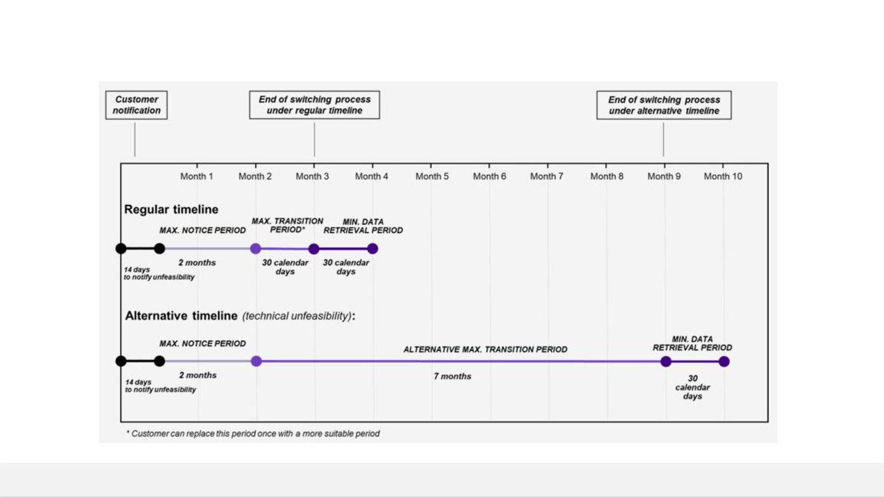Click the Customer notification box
tap(136, 105)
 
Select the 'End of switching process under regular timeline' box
tap(314, 105)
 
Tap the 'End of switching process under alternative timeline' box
tap(664, 105)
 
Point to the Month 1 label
tap(196, 176)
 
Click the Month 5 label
tap(432, 176)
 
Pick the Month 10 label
tap(723, 176)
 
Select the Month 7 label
tap(546, 176)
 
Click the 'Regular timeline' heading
tap(171, 209)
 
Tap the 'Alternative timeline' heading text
tap(181, 315)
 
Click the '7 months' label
tap(452, 376)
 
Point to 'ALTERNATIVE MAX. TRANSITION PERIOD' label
tap(485, 350)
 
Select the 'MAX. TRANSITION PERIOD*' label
tap(287, 225)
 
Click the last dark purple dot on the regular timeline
tap(373, 248)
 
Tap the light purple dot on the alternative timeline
tap(256, 361)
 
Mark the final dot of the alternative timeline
tap(724, 361)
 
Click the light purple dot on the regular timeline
tap(255, 248)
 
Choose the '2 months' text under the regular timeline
tap(197, 263)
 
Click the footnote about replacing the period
tap(253, 433)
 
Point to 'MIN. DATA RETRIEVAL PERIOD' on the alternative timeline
tap(692, 343)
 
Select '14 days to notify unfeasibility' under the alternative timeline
tap(160, 386)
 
